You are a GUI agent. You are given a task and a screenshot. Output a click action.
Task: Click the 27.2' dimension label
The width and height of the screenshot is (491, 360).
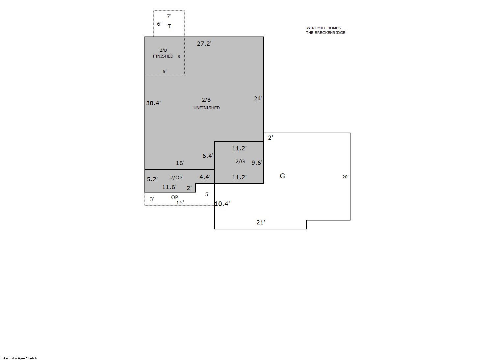[x=204, y=44]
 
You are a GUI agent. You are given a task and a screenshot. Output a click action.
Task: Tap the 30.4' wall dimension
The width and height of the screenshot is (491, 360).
[x=153, y=103]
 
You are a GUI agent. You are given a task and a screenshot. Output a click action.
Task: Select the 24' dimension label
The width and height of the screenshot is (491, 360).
[x=258, y=98]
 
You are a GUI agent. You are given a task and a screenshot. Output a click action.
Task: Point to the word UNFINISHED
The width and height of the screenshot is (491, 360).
[x=206, y=108]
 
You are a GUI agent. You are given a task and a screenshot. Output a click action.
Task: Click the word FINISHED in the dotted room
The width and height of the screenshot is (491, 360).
[x=163, y=56]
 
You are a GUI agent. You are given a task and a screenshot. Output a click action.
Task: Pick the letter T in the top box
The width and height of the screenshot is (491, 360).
[x=169, y=26]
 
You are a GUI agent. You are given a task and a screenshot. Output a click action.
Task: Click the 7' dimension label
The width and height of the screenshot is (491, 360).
[x=169, y=16]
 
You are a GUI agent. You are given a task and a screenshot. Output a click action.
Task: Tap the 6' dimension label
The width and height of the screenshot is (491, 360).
[x=159, y=24]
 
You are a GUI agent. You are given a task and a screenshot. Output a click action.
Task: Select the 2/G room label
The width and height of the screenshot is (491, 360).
[x=240, y=162]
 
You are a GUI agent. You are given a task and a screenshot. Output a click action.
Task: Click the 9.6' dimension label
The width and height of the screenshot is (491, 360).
[x=257, y=163]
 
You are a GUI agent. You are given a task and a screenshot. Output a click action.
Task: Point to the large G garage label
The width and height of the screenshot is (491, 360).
[x=282, y=176]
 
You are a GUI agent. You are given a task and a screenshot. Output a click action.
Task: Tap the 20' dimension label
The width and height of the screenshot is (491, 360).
[x=345, y=177]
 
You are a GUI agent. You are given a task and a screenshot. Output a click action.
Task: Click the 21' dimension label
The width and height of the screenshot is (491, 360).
[x=261, y=222]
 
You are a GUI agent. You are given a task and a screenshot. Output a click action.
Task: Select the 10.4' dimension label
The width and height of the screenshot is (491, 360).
[x=222, y=204]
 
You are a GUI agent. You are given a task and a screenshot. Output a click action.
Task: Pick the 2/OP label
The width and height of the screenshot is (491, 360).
[x=176, y=178]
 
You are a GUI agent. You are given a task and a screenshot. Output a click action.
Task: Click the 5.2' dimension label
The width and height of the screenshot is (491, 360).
[x=152, y=179]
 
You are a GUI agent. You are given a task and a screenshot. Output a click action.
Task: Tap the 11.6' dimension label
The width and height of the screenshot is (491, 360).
[x=169, y=187]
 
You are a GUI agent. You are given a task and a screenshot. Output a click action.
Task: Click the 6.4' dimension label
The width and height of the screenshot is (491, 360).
[x=208, y=156]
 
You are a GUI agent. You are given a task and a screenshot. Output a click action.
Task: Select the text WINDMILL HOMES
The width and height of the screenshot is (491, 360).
[x=324, y=28]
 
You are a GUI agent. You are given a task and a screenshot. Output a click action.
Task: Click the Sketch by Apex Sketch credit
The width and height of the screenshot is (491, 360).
[x=19, y=358]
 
